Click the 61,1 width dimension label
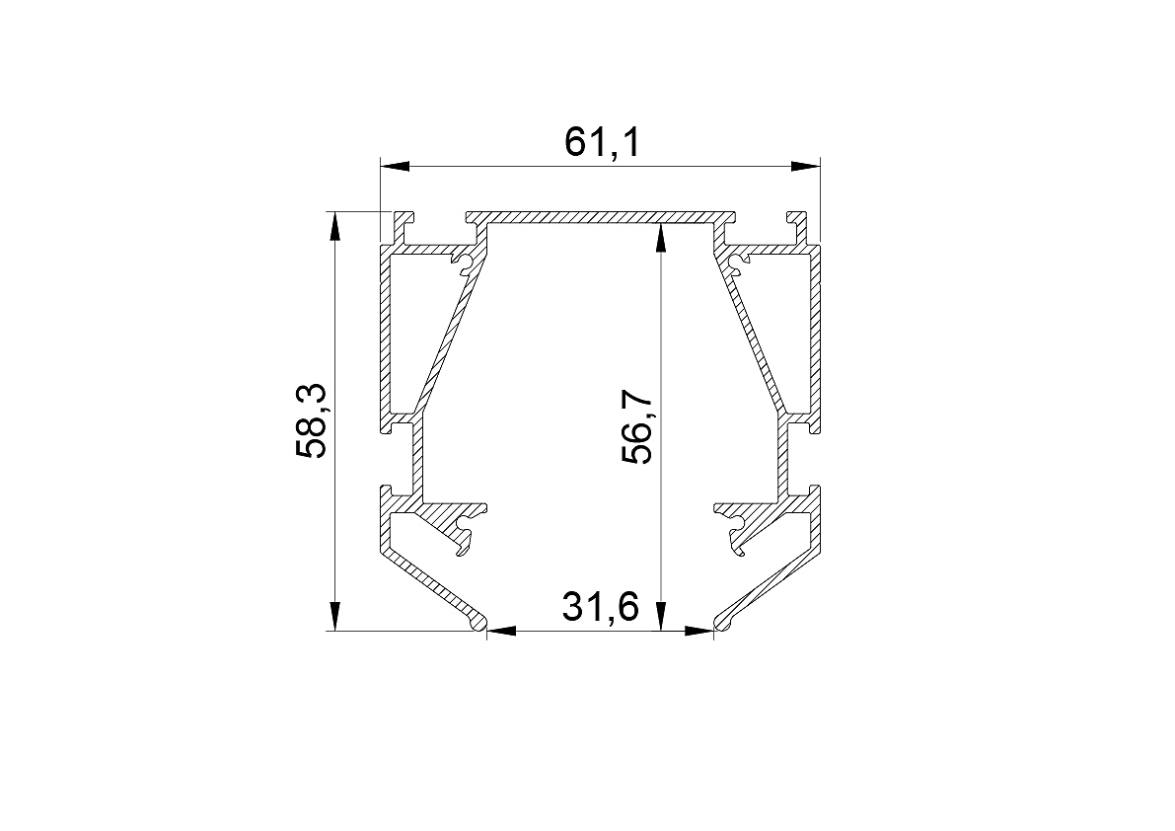click(603, 141)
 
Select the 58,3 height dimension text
click(310, 420)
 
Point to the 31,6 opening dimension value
click(601, 606)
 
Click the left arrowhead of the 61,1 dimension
click(395, 167)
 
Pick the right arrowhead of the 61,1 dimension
click(806, 167)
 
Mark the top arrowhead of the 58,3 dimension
click(334, 228)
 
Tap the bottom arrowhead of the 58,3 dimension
click(334, 615)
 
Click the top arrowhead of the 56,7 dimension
click(659, 239)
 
